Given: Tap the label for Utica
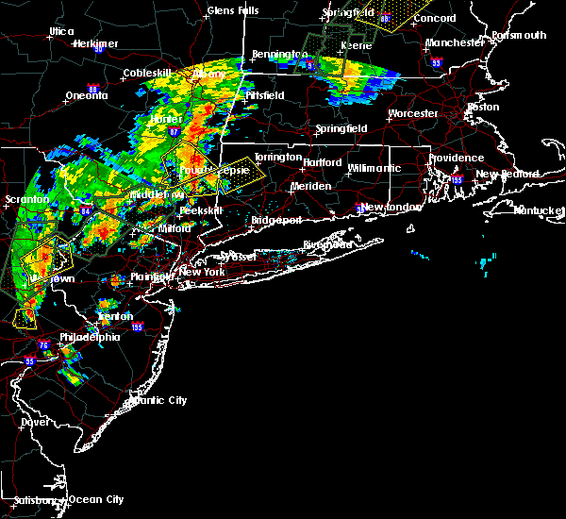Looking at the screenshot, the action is [62, 31].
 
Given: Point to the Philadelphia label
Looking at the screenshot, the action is [90, 337].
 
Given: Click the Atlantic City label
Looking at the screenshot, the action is [158, 401].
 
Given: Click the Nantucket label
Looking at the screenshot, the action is [540, 209].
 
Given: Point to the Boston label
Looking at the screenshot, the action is [484, 107].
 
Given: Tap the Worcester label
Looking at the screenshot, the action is [413, 114].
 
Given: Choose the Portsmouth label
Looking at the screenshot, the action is [521, 36].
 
